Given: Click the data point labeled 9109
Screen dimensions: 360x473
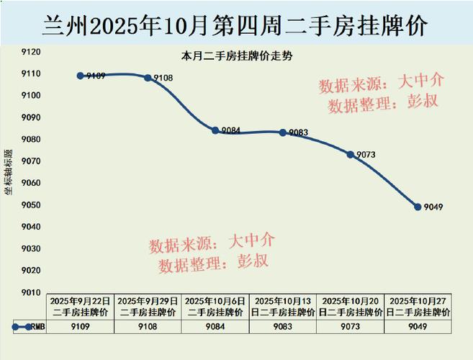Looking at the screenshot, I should [x=81, y=75].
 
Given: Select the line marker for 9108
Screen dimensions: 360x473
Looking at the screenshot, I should [x=148, y=78].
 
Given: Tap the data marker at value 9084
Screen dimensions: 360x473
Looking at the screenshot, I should [x=215, y=130].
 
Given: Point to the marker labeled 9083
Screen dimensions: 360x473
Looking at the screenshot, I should [x=283, y=132].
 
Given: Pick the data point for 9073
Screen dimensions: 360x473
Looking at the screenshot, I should [x=351, y=154].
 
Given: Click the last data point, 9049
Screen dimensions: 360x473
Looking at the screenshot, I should [x=418, y=207].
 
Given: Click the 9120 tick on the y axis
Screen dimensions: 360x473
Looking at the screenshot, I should [x=32, y=52].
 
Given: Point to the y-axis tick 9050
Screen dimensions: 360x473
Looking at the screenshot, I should [x=32, y=205].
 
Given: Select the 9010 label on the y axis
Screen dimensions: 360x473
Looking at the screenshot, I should [x=32, y=292].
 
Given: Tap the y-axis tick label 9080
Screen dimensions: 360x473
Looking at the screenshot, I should [x=32, y=139].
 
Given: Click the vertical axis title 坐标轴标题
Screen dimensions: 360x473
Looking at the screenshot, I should [x=9, y=173].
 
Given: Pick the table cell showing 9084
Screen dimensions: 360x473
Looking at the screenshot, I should [x=215, y=326].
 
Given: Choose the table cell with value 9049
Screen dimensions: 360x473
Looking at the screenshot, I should [x=418, y=326].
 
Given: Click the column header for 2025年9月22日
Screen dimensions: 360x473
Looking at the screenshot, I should [x=81, y=306].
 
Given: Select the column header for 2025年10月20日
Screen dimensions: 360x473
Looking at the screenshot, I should [x=351, y=306].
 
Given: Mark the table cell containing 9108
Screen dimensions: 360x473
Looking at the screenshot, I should [x=148, y=326].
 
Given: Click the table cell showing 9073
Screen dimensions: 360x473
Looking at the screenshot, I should [x=351, y=326].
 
